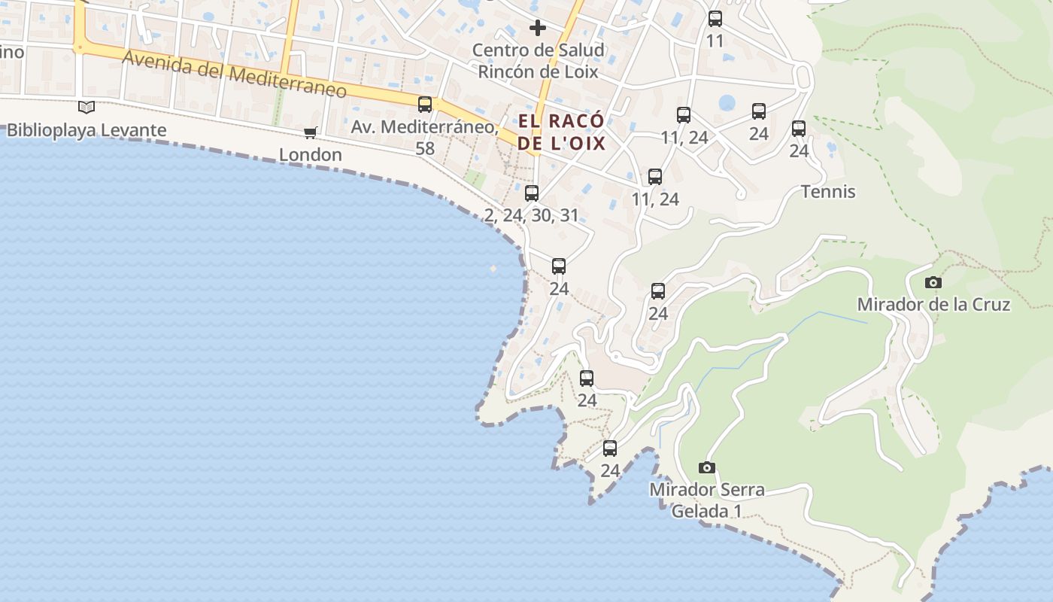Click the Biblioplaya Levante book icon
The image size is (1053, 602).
coord(86,108)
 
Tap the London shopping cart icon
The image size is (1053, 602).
coord(310,133)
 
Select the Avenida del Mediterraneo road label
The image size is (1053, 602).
coord(235,74)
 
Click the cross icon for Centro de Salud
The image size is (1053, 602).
coord(538,29)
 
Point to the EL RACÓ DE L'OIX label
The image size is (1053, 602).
coord(561,132)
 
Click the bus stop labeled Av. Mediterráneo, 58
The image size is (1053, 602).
coord(425,105)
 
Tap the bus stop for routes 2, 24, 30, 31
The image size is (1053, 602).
coord(532,193)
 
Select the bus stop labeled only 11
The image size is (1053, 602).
coord(715,19)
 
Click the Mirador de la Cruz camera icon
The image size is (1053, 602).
coord(933,283)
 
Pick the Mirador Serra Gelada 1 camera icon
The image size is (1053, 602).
coord(706,468)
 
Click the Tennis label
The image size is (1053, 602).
coord(828,192)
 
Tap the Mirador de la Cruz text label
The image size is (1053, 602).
coord(933,305)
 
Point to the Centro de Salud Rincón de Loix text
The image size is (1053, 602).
coord(539,61)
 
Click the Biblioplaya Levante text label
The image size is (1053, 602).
coord(86,130)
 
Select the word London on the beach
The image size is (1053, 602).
coord(310,155)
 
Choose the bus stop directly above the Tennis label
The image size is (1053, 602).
coord(799,129)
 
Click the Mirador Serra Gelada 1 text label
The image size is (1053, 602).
coord(706,500)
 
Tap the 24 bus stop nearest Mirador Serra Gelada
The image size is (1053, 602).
coord(610,448)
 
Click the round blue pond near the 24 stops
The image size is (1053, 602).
coord(727,102)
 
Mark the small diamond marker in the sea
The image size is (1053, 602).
coord(493,269)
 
